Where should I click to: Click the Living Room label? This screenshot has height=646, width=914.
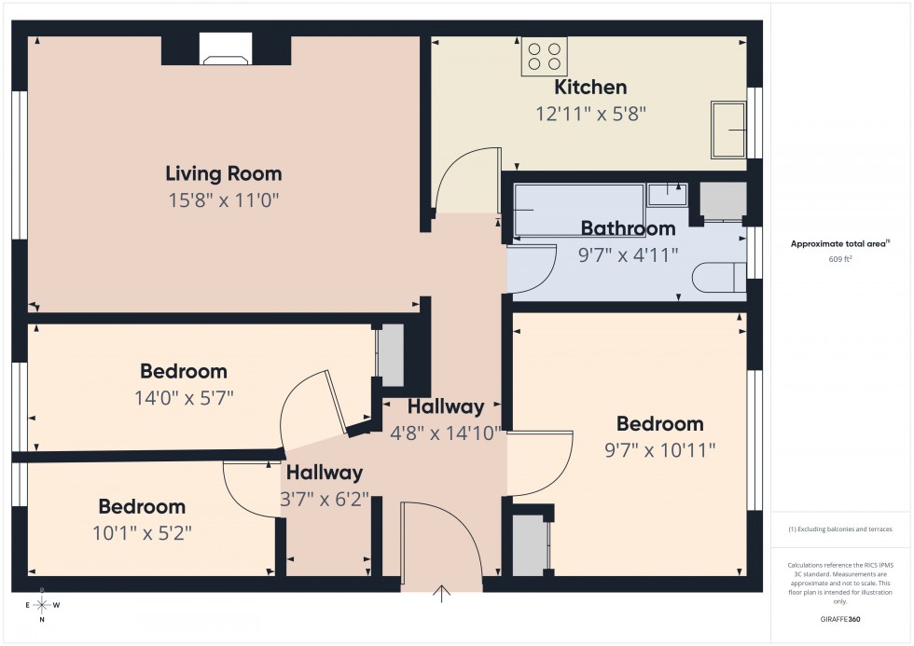[223, 173]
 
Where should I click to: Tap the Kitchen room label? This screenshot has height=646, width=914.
[590, 88]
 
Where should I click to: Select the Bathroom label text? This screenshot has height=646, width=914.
[628, 228]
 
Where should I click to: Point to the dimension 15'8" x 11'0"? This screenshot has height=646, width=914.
[223, 199]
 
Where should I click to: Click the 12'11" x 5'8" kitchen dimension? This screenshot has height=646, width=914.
[590, 114]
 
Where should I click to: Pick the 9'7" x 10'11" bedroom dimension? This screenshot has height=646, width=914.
[659, 450]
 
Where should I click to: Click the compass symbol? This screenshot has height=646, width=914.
[40, 604]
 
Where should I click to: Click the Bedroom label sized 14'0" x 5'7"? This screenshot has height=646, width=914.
[184, 372]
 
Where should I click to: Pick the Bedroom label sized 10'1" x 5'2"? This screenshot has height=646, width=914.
[142, 507]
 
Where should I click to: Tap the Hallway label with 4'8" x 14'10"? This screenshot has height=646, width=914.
[446, 406]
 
